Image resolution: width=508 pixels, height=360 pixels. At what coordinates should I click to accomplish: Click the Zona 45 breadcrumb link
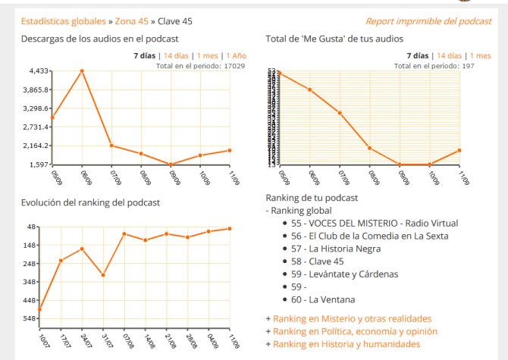(x=131, y=21)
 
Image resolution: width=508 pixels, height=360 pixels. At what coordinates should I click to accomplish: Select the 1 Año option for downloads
(x=234, y=55)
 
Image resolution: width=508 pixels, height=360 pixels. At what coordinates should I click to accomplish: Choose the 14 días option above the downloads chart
(x=177, y=55)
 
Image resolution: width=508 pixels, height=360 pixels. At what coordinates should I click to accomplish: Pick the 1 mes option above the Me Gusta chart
(x=480, y=55)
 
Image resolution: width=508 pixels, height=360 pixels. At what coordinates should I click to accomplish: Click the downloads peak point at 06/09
(x=82, y=71)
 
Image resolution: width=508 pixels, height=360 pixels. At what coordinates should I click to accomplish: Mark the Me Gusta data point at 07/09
(x=340, y=113)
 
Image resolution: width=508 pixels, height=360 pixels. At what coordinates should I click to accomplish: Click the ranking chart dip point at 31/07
(x=102, y=274)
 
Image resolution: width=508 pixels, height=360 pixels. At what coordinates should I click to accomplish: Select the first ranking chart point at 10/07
(x=39, y=309)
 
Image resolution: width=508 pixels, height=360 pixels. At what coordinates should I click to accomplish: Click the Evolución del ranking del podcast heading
(x=90, y=202)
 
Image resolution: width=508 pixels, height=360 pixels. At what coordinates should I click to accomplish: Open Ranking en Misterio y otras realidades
(x=352, y=319)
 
